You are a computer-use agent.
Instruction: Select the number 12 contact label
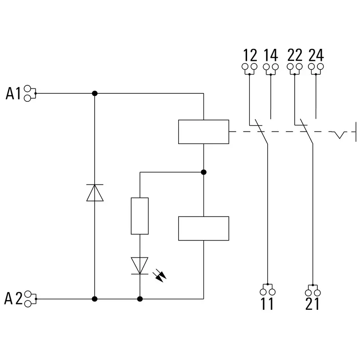(250, 56)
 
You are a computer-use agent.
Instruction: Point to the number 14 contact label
(271, 56)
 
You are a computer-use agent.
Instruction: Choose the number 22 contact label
(295, 56)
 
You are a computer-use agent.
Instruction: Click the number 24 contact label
(316, 56)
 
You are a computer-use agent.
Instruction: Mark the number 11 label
(267, 305)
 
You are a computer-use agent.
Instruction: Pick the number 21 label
(312, 305)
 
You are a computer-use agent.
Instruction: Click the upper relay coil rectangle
(204, 132)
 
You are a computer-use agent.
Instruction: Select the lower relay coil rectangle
(204, 228)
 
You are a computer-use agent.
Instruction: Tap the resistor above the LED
(140, 216)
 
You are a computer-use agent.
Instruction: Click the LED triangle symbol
(140, 266)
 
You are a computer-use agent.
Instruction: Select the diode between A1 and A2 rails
(95, 192)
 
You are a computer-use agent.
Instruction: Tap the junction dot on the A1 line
(95, 93)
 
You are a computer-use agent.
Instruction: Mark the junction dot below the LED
(140, 299)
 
